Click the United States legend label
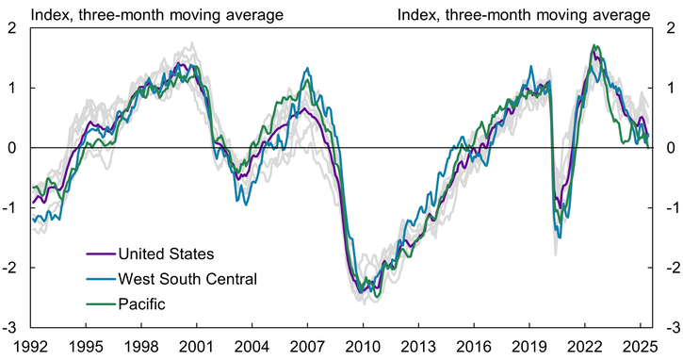[166, 254]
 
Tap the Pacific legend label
[142, 303]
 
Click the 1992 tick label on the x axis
[31, 346]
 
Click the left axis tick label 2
[11, 27]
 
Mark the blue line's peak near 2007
[306, 68]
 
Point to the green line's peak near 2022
[594, 45]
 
